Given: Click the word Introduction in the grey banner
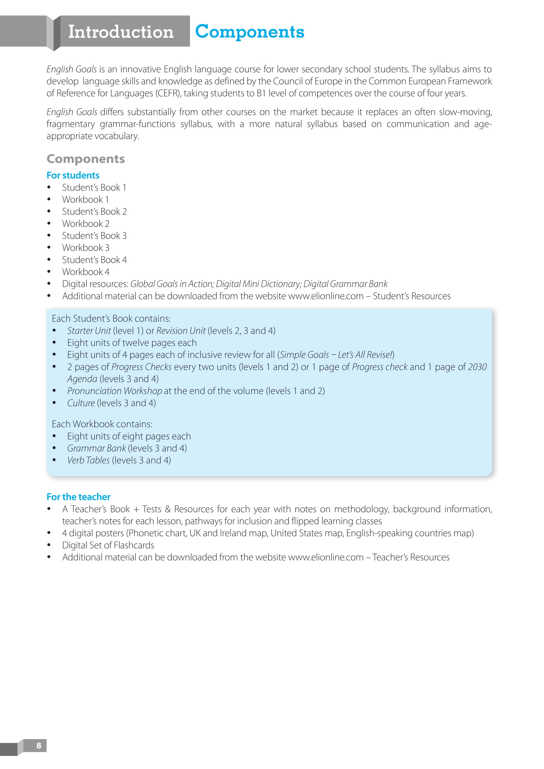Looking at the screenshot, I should (121, 32).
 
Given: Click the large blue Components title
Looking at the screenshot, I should (250, 32).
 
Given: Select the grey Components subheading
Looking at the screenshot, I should (86, 159).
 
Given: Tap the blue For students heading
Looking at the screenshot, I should (73, 175).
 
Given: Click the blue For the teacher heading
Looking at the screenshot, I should (78, 497).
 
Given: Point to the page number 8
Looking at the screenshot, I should (39, 745).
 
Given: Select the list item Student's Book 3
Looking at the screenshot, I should (94, 236).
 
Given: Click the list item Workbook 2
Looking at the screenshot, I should (86, 224).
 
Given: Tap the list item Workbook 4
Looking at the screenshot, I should (86, 272).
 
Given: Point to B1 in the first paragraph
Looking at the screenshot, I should (261, 93).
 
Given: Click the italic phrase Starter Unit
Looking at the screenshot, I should (89, 331).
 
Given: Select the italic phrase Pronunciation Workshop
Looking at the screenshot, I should (114, 391).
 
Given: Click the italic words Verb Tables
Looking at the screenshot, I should (88, 461).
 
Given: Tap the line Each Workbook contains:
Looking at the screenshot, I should (102, 424).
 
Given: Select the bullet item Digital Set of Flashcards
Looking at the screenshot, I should (108, 545).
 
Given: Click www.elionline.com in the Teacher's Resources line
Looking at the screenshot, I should (326, 557).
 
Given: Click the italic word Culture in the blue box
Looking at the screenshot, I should (81, 403).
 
